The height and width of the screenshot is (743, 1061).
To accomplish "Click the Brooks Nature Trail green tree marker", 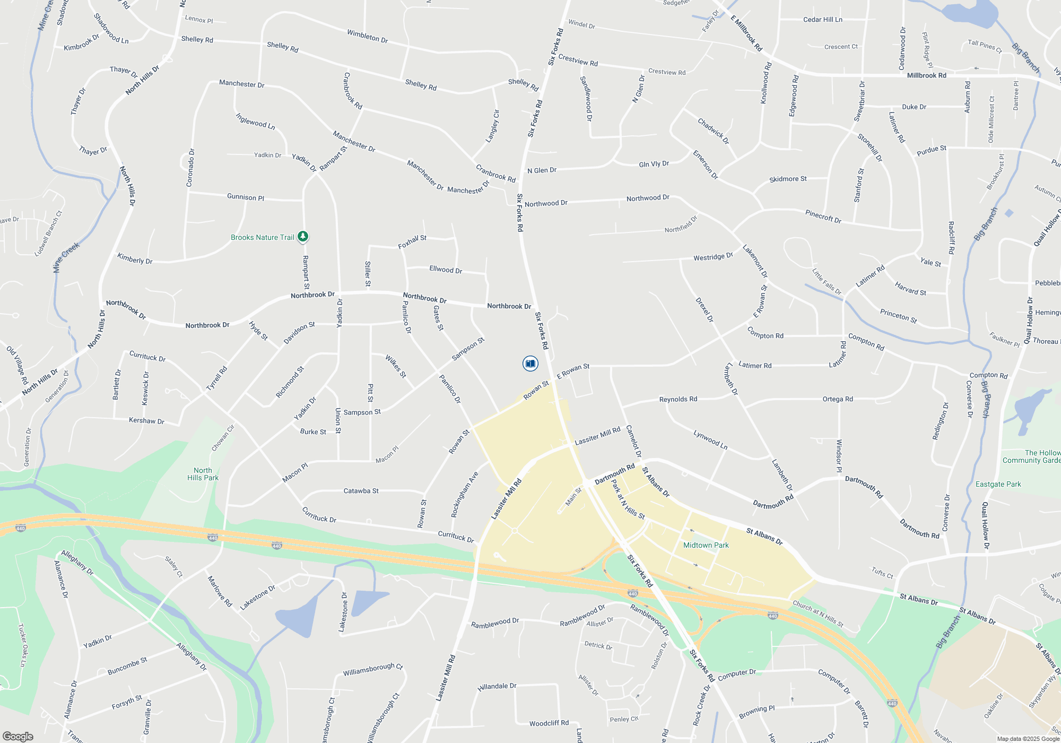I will (x=303, y=237).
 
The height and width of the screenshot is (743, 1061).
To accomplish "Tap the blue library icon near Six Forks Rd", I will (x=530, y=364).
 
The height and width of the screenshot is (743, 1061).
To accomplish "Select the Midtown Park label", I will (x=706, y=545).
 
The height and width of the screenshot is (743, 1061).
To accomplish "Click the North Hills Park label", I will (x=203, y=474).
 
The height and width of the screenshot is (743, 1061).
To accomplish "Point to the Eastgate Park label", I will (x=998, y=484).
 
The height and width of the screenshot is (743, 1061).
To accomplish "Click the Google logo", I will (x=18, y=736).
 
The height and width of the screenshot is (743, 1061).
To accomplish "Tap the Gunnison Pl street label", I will (x=246, y=197).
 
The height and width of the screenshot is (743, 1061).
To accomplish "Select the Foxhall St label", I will (x=412, y=242).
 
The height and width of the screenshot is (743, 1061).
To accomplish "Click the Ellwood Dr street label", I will (x=446, y=270).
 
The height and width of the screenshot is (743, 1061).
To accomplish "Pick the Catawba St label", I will (x=361, y=491).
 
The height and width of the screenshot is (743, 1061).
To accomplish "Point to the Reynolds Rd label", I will (x=678, y=399).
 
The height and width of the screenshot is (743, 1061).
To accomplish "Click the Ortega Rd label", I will (x=838, y=399).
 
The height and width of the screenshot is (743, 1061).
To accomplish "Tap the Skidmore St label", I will (x=788, y=179).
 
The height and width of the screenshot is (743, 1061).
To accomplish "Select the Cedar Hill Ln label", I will (x=822, y=20).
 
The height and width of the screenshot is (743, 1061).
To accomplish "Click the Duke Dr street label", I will (x=914, y=107).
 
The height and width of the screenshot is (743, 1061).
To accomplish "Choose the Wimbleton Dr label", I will (x=367, y=36).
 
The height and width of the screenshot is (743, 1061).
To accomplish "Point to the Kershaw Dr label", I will (x=146, y=421).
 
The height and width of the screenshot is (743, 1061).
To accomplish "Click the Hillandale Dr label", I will (x=497, y=687).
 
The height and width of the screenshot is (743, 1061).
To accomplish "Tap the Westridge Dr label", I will (x=713, y=257).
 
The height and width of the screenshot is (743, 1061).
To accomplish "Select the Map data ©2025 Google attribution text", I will (x=1028, y=739).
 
